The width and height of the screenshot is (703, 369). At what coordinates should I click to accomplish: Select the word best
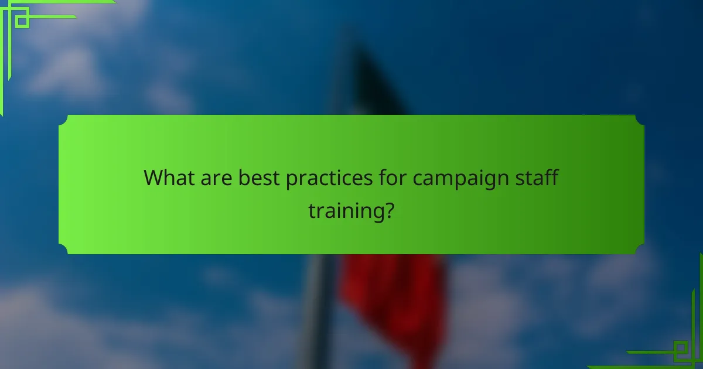click(x=258, y=177)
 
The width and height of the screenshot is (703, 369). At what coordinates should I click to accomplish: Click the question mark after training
click(x=386, y=210)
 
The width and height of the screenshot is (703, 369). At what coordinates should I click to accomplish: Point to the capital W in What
click(x=153, y=177)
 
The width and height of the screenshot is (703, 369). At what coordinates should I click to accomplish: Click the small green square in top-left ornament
click(x=22, y=20)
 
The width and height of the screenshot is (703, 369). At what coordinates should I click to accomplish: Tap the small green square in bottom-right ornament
click(x=680, y=351)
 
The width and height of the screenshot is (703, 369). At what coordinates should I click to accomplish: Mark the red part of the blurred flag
click(x=393, y=293)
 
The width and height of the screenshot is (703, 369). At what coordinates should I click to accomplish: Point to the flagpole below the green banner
click(x=316, y=310)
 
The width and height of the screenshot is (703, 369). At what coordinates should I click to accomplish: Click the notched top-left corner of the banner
click(x=63, y=119)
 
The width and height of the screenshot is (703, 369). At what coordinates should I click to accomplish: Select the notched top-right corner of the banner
click(x=640, y=119)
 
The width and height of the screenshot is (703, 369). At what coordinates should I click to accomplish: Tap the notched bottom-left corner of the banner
click(x=63, y=250)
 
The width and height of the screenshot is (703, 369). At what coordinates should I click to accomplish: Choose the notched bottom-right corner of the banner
click(x=640, y=250)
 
